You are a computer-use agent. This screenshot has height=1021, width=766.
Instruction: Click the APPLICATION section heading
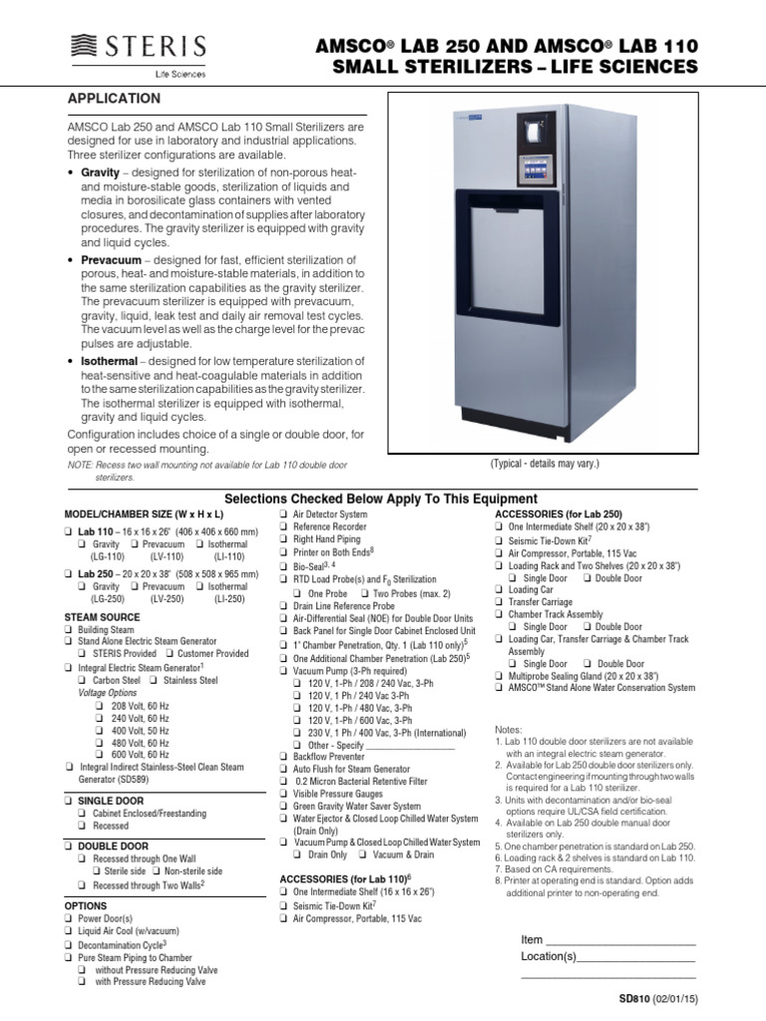[113, 99]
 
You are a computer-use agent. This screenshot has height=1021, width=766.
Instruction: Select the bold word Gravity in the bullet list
[100, 173]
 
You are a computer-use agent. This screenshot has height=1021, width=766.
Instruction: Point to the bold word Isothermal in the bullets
[113, 361]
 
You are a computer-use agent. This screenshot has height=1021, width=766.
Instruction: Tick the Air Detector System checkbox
[282, 513]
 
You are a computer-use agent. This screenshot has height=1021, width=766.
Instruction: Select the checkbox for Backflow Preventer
[282, 757]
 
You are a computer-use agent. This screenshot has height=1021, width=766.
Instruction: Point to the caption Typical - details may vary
[545, 466]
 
